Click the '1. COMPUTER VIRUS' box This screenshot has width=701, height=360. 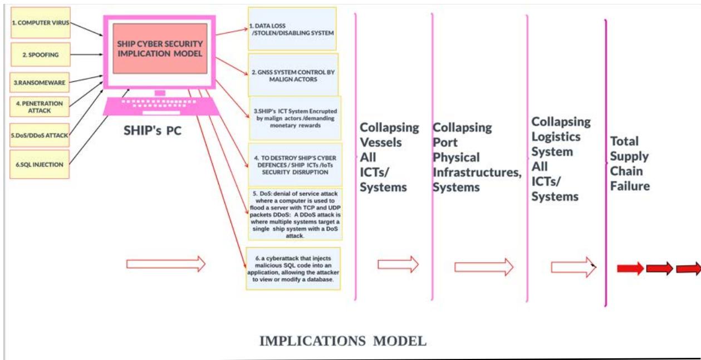pyautogui.click(x=40, y=23)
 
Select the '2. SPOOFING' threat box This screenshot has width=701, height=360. pyautogui.click(x=40, y=55)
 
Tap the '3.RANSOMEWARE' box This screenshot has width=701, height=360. pyautogui.click(x=40, y=82)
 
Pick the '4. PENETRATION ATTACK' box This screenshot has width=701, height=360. pyautogui.click(x=40, y=107)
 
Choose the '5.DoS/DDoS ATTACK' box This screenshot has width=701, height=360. pyautogui.click(x=40, y=135)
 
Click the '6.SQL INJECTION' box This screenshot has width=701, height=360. pyautogui.click(x=40, y=164)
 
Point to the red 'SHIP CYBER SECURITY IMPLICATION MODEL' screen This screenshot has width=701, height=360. pyautogui.click(x=160, y=48)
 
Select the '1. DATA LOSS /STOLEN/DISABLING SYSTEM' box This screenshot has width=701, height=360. pyautogui.click(x=292, y=29)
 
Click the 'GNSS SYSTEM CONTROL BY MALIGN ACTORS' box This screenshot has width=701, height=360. pyautogui.click(x=293, y=75)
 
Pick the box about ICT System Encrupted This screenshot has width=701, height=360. pyautogui.click(x=295, y=118)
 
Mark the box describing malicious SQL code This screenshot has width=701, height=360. pyautogui.click(x=293, y=268)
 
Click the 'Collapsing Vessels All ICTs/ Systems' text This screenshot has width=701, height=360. pyautogui.click(x=389, y=157)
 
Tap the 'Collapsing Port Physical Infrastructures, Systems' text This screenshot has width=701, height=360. pyautogui.click(x=477, y=157)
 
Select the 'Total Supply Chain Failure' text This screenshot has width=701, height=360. pyautogui.click(x=630, y=163)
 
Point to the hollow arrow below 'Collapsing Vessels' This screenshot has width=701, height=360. pyautogui.click(x=398, y=264)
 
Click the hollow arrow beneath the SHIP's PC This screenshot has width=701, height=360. pyautogui.click(x=166, y=264)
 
